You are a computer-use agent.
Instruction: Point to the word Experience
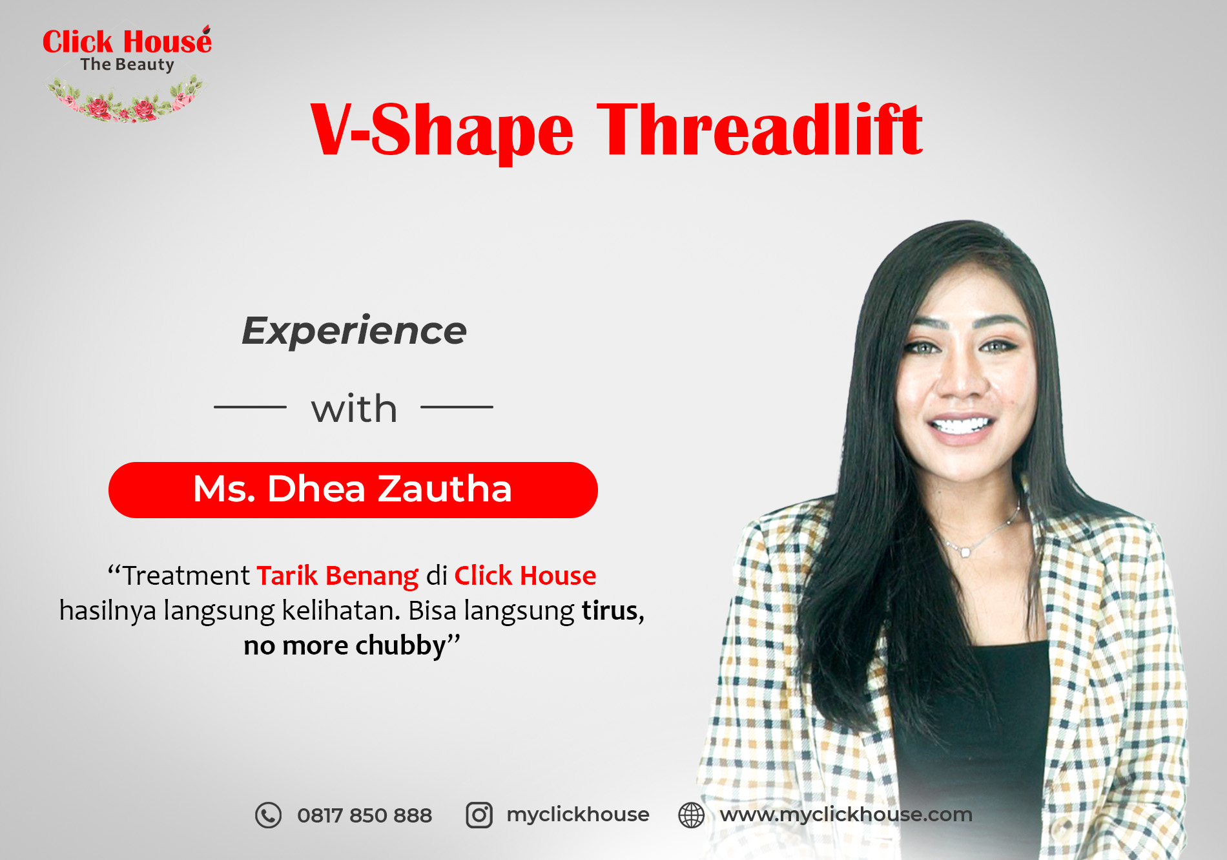coord(354,331)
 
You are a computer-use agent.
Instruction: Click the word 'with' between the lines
coord(354,408)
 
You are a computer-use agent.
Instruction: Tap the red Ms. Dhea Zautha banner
coord(353,490)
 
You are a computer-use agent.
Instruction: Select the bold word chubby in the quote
coord(401,645)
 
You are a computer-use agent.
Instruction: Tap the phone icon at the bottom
coord(268,815)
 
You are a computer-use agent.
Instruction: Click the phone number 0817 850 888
coord(364,815)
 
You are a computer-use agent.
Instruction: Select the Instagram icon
coord(479,815)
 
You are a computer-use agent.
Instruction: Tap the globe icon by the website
coord(691,815)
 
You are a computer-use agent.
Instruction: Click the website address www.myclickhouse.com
coord(846,815)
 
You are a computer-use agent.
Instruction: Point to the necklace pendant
coord(965,552)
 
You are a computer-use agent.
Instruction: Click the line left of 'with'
coord(250,407)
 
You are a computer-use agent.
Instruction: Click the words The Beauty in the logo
coord(127,65)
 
